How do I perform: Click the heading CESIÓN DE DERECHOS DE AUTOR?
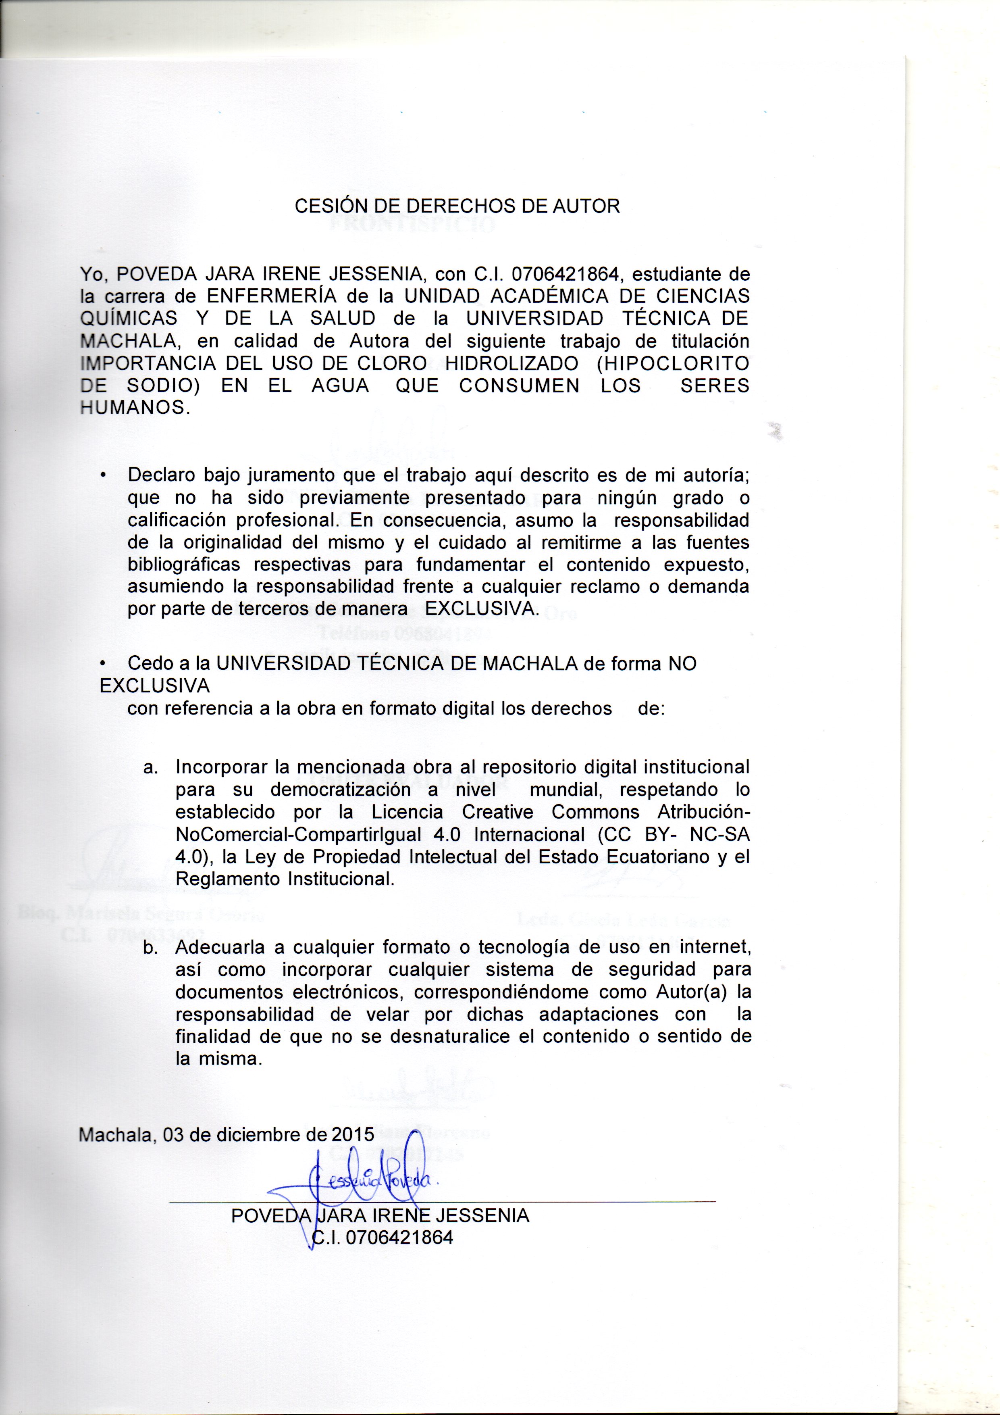(x=457, y=206)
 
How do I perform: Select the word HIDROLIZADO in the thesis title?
(x=511, y=364)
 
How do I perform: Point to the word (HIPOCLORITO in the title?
(x=672, y=364)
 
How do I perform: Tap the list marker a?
(x=150, y=768)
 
